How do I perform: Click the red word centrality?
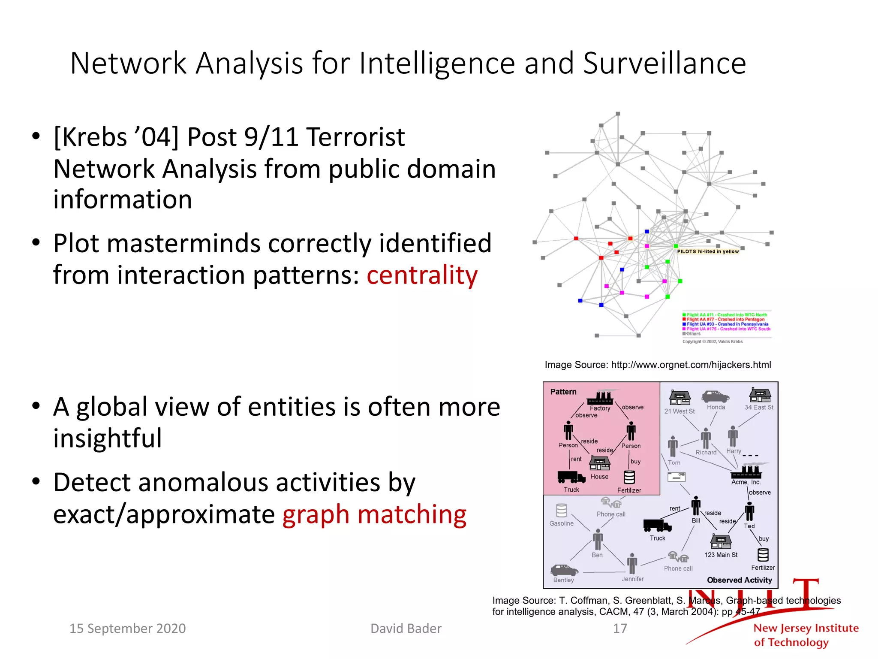[422, 275]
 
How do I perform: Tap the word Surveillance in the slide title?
[664, 63]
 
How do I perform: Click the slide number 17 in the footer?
[619, 629]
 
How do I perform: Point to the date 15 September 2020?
[127, 629]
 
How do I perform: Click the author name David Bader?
[406, 629]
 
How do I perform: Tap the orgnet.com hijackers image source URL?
[691, 365]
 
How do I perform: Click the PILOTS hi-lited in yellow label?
[708, 251]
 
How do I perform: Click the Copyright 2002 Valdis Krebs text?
[713, 342]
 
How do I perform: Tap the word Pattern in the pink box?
[563, 392]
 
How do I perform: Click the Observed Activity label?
[739, 580]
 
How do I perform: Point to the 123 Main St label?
[721, 555]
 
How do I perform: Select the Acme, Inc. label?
[746, 482]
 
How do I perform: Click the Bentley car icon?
[564, 570]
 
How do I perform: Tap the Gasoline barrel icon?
[561, 511]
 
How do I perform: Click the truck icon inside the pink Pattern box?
[571, 477]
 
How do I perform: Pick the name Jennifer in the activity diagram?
[632, 579]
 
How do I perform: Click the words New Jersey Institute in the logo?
[806, 628]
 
